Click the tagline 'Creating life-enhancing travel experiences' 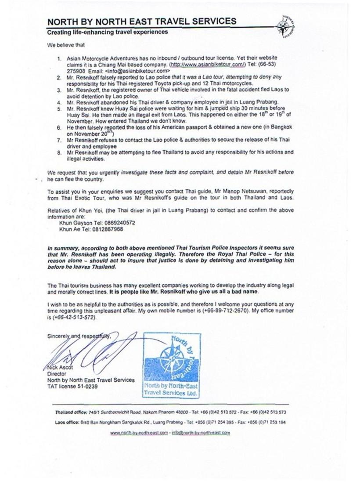(107, 33)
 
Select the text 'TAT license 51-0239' (72, 387)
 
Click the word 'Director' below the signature (57, 374)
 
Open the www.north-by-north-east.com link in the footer (139, 433)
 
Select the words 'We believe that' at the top (66, 45)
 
